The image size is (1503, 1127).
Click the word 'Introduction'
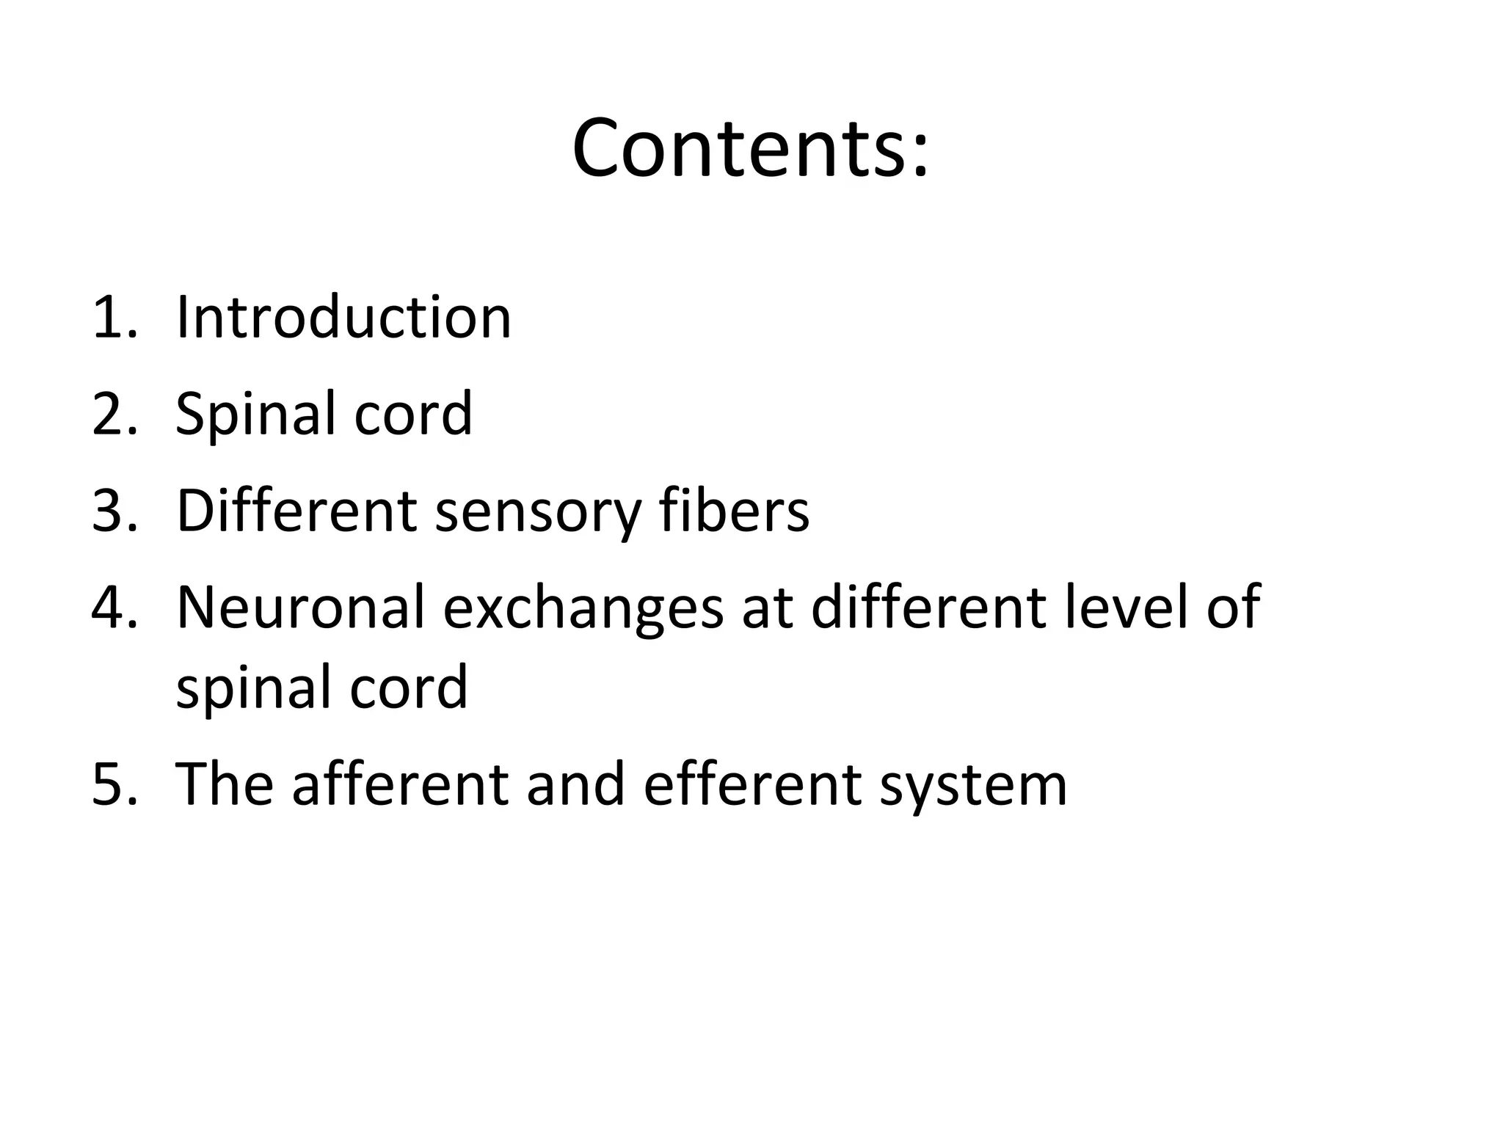click(x=343, y=317)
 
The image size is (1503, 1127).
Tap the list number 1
click(x=114, y=318)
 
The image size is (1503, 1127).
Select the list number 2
click(x=114, y=414)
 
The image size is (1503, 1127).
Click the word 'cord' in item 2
click(x=413, y=414)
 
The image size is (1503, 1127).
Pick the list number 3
click(x=114, y=511)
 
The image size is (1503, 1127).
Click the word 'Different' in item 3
click(x=297, y=511)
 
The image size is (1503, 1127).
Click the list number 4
click(x=114, y=608)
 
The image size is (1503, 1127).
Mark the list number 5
click(x=114, y=784)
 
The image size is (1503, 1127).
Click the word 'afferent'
click(x=401, y=784)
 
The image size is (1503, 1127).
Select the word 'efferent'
click(x=752, y=784)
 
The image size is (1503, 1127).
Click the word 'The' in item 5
click(x=225, y=784)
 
